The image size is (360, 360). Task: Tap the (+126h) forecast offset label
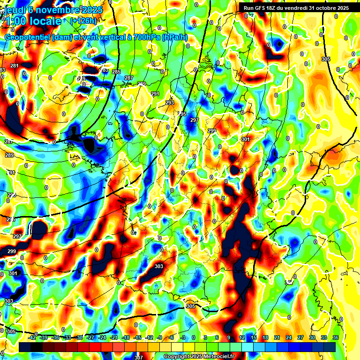(x=83, y=21)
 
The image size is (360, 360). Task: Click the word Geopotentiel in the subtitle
(x=28, y=37)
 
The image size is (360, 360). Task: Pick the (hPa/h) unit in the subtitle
(x=174, y=37)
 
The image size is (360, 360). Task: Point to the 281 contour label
(x=15, y=66)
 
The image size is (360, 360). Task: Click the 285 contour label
(x=116, y=72)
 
